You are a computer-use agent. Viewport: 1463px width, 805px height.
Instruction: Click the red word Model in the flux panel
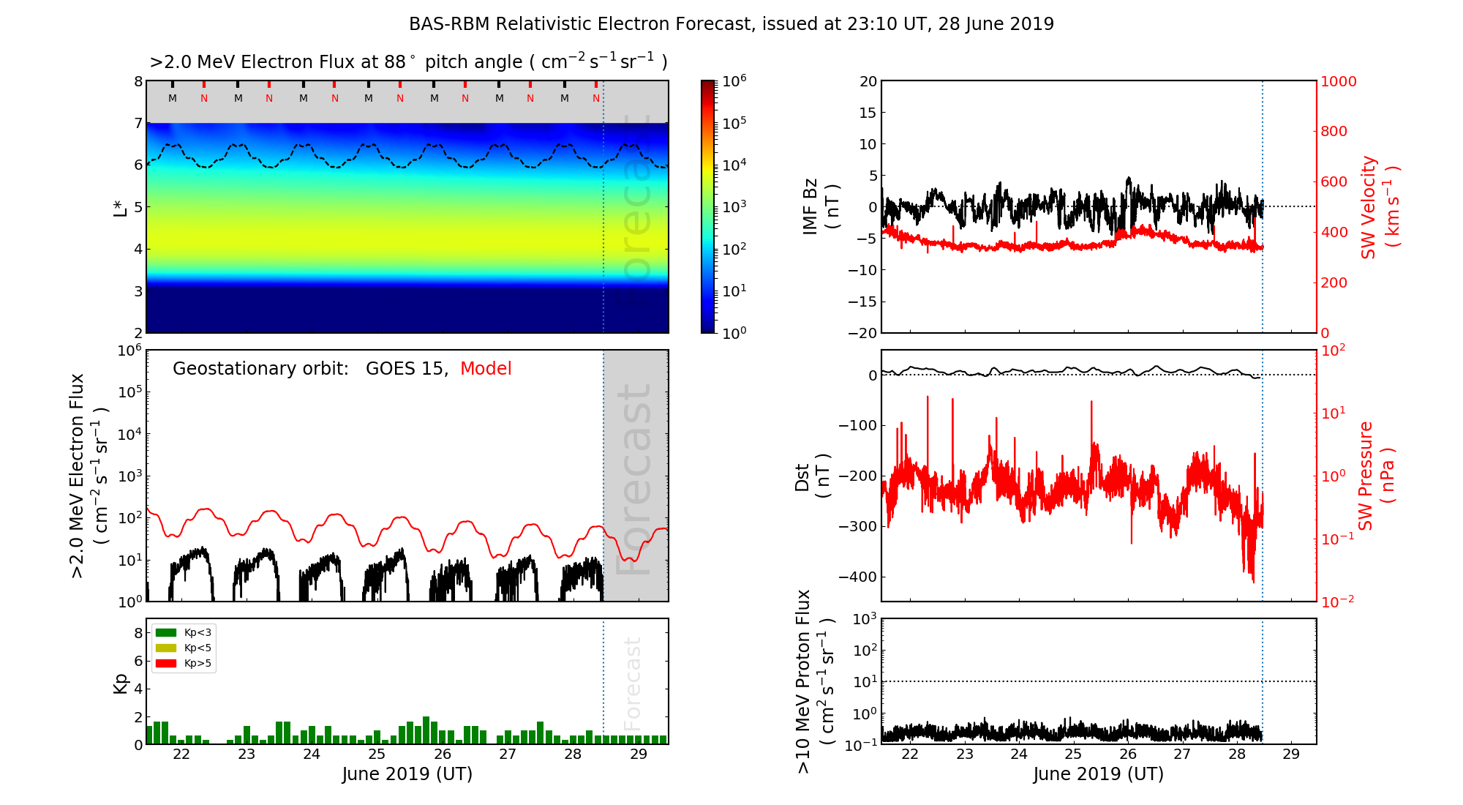(x=486, y=369)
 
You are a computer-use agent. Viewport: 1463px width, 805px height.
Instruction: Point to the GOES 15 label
(x=406, y=369)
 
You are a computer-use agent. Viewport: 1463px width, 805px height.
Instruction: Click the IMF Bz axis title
(x=821, y=206)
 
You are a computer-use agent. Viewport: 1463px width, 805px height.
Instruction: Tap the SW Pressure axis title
(x=1376, y=476)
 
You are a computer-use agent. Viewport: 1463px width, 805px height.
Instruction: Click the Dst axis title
(x=812, y=476)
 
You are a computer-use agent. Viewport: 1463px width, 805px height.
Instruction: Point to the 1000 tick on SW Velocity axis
(x=1338, y=81)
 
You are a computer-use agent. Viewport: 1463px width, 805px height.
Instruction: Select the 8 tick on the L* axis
(x=138, y=81)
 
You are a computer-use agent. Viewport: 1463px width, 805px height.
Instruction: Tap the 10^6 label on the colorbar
(x=734, y=80)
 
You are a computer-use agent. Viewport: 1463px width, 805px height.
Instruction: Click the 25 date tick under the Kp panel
(x=377, y=755)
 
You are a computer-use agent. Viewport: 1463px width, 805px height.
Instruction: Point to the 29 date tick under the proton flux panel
(x=1291, y=755)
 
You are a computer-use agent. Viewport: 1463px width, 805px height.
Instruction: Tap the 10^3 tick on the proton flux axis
(x=866, y=619)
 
